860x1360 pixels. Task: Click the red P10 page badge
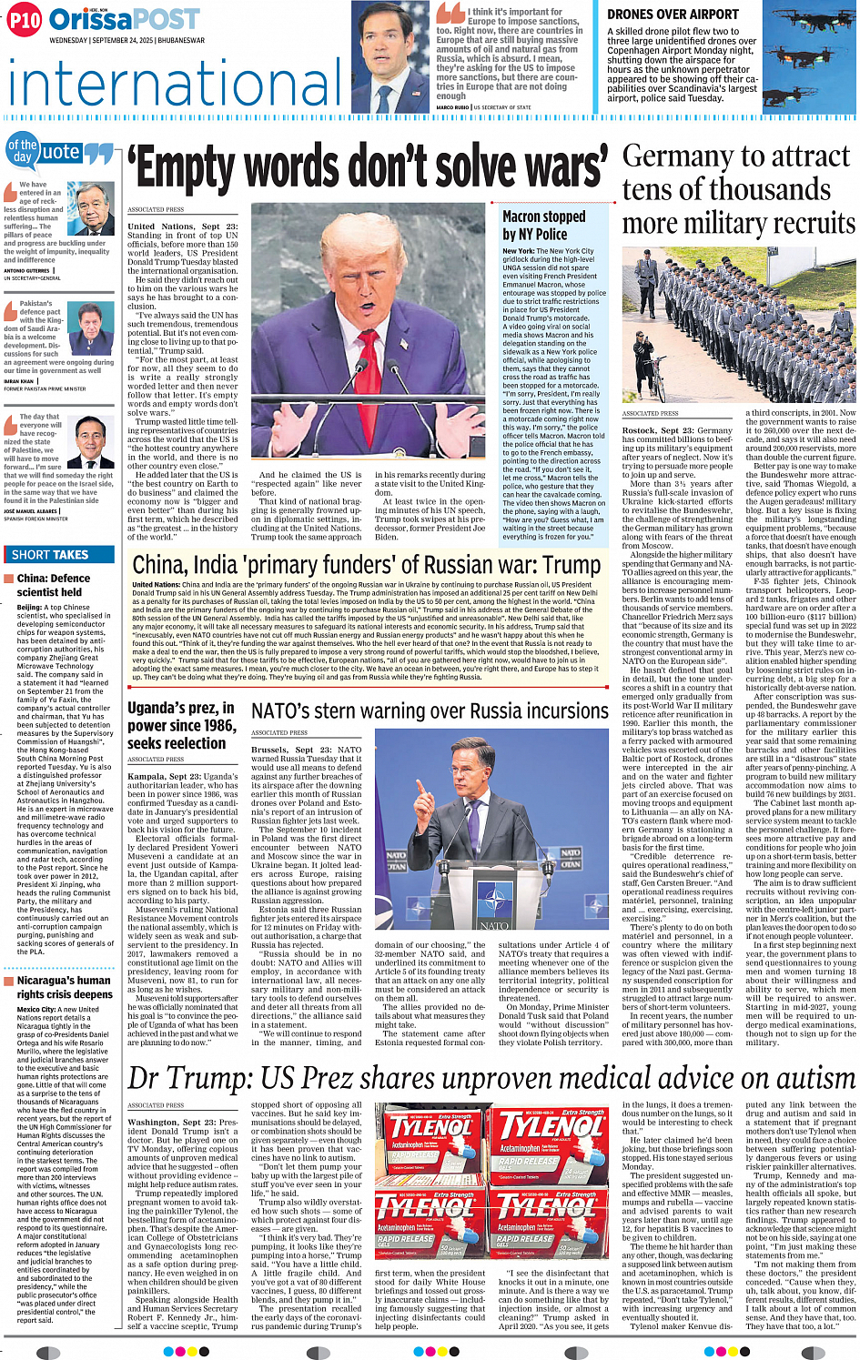24,19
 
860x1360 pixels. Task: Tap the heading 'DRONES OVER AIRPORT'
673,15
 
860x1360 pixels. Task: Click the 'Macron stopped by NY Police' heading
544,225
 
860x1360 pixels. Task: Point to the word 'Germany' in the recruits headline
673,156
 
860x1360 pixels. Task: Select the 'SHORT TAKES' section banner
50,554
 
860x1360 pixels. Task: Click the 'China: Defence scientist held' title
54,585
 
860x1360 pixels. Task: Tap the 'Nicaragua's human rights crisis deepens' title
64,987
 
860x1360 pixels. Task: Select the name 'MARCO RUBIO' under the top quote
452,107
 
